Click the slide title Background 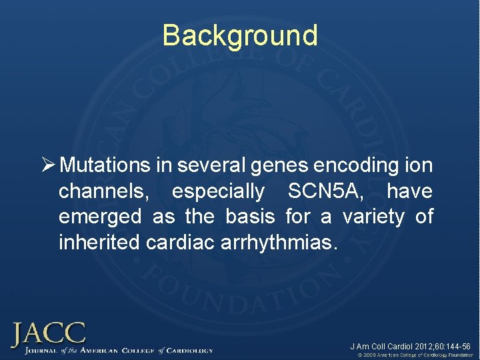(240, 35)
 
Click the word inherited (99, 242)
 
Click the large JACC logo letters (48, 333)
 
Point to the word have (409, 192)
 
